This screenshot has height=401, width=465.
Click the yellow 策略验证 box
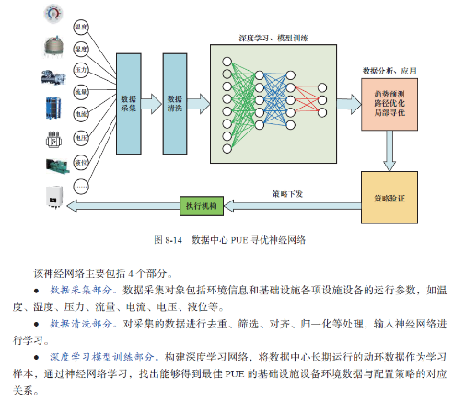[389, 198]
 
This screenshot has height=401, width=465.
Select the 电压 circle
[80, 138]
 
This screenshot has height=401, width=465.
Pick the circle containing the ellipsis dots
[80, 187]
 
